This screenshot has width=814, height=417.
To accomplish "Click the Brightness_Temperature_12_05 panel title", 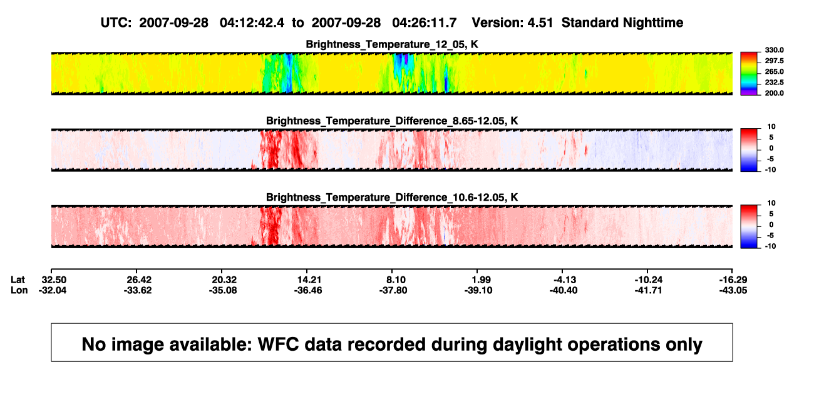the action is [x=392, y=44].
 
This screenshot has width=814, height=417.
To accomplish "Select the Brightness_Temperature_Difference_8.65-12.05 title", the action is [x=392, y=121].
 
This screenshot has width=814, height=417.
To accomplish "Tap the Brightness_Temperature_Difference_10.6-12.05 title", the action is [x=392, y=198].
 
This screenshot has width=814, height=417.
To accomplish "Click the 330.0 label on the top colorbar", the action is [x=774, y=50].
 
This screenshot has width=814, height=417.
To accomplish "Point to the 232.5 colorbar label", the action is [x=774, y=83].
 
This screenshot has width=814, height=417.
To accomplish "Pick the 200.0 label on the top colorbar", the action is [x=774, y=93].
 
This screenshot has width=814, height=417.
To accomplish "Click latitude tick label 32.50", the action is [x=54, y=280].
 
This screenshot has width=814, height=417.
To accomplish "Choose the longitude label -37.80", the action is [x=393, y=290].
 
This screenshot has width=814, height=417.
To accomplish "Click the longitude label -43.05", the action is [x=733, y=290].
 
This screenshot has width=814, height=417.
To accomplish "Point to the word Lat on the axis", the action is [x=18, y=280].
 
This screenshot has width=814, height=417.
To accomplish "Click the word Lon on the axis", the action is [x=19, y=290].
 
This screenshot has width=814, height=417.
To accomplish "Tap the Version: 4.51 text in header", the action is [x=512, y=23].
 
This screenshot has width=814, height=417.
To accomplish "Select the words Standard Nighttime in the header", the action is [x=622, y=23].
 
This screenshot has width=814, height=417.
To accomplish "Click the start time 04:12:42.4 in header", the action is [x=252, y=23].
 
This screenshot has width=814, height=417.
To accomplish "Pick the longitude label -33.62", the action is [x=138, y=290].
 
